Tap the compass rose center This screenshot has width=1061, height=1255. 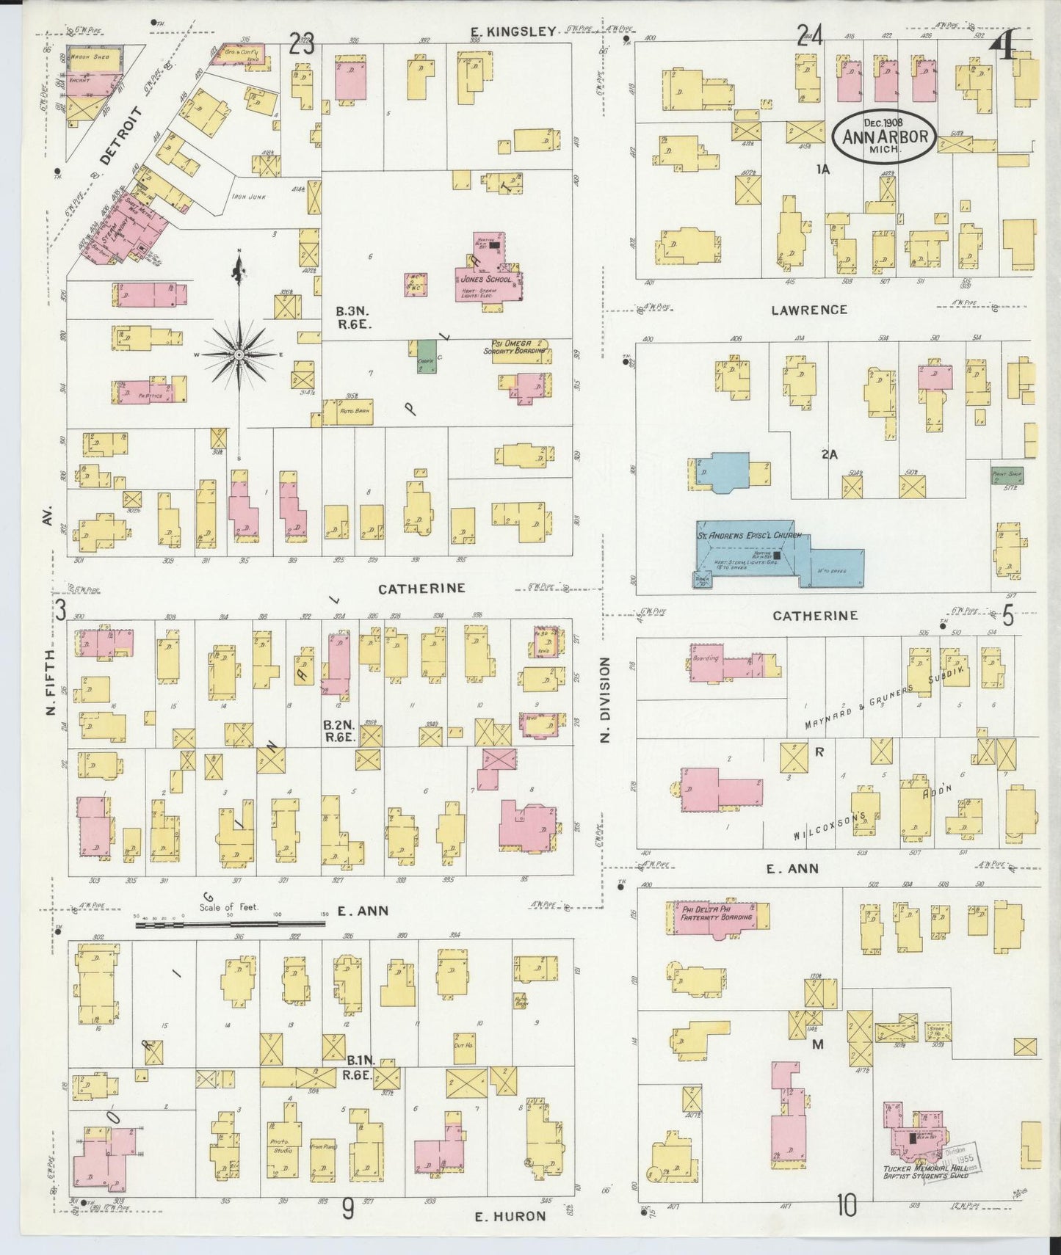pyautogui.click(x=239, y=354)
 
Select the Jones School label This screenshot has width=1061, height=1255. pyautogui.click(x=483, y=280)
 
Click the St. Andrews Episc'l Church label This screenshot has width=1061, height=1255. pyautogui.click(x=749, y=536)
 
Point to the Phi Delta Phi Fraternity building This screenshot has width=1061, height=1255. pyautogui.click(x=717, y=917)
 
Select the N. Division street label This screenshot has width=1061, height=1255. pyautogui.click(x=605, y=699)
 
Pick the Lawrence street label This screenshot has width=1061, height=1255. pyautogui.click(x=808, y=310)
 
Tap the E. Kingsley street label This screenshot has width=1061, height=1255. pyautogui.click(x=513, y=31)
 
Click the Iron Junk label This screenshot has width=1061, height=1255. pyautogui.click(x=249, y=197)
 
